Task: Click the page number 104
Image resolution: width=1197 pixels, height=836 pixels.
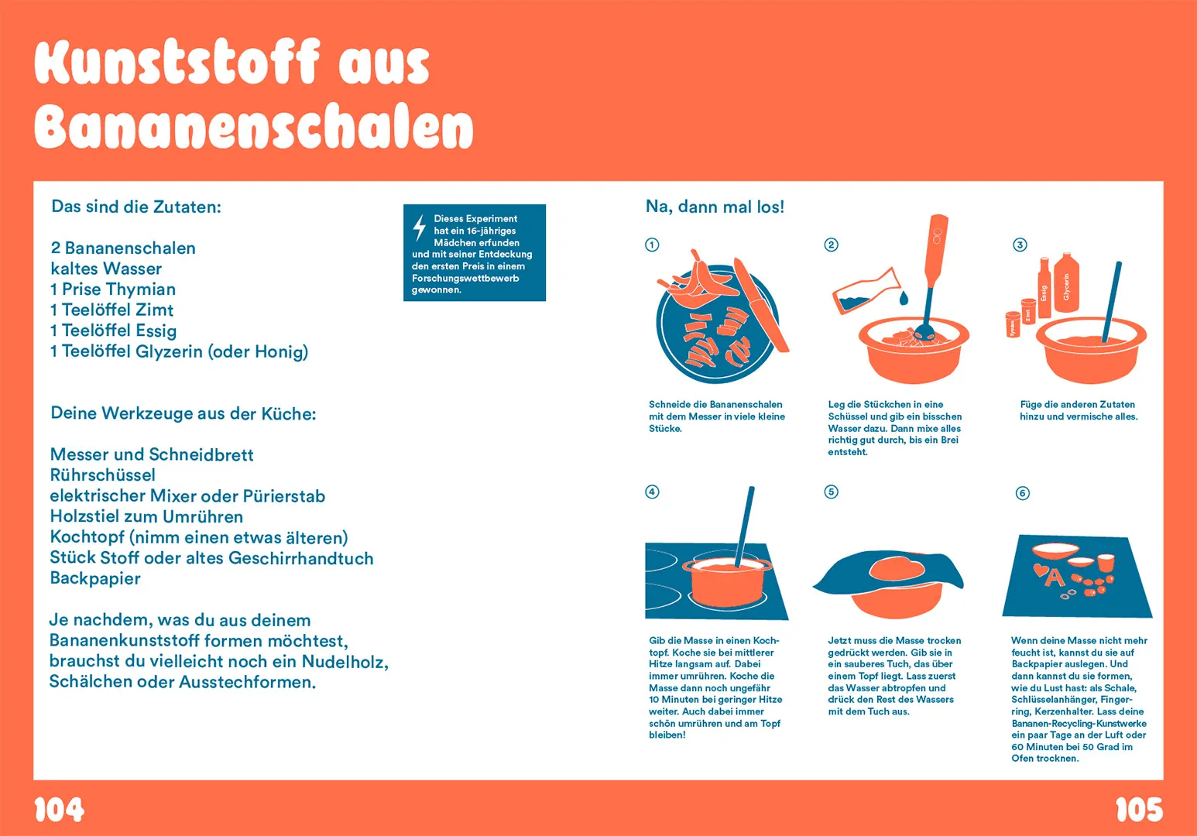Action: coord(59,810)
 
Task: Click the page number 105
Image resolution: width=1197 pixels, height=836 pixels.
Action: coord(1138,810)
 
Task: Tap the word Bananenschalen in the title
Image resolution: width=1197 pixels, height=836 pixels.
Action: coord(253,127)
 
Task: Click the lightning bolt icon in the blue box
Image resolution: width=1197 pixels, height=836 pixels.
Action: coord(419,228)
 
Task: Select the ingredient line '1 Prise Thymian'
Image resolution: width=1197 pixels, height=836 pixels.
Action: coord(113,290)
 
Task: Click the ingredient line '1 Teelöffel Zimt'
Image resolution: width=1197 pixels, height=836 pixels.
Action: coord(112,310)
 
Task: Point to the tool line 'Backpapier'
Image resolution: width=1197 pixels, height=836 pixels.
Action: coord(95,579)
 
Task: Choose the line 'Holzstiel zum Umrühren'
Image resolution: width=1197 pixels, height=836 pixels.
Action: coord(146,517)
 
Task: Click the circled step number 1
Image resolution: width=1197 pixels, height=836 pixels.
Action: coord(652,245)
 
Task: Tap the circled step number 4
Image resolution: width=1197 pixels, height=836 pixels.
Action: coord(652,492)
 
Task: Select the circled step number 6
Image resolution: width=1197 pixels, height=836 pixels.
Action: coord(1022,493)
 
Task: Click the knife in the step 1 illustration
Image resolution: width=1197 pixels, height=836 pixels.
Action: coord(760,305)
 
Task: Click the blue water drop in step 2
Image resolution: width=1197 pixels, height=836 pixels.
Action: coord(904,298)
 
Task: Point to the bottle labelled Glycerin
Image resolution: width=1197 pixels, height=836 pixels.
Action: coord(1066,284)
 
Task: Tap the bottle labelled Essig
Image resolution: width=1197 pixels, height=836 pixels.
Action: coord(1044,290)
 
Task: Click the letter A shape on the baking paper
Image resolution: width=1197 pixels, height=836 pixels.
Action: coord(1055,577)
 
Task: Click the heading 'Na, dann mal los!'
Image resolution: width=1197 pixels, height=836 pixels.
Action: coord(715,207)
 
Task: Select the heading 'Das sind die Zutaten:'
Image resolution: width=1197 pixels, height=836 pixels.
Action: coord(136,207)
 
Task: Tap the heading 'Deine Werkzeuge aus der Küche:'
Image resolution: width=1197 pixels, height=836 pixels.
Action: coord(183,413)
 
